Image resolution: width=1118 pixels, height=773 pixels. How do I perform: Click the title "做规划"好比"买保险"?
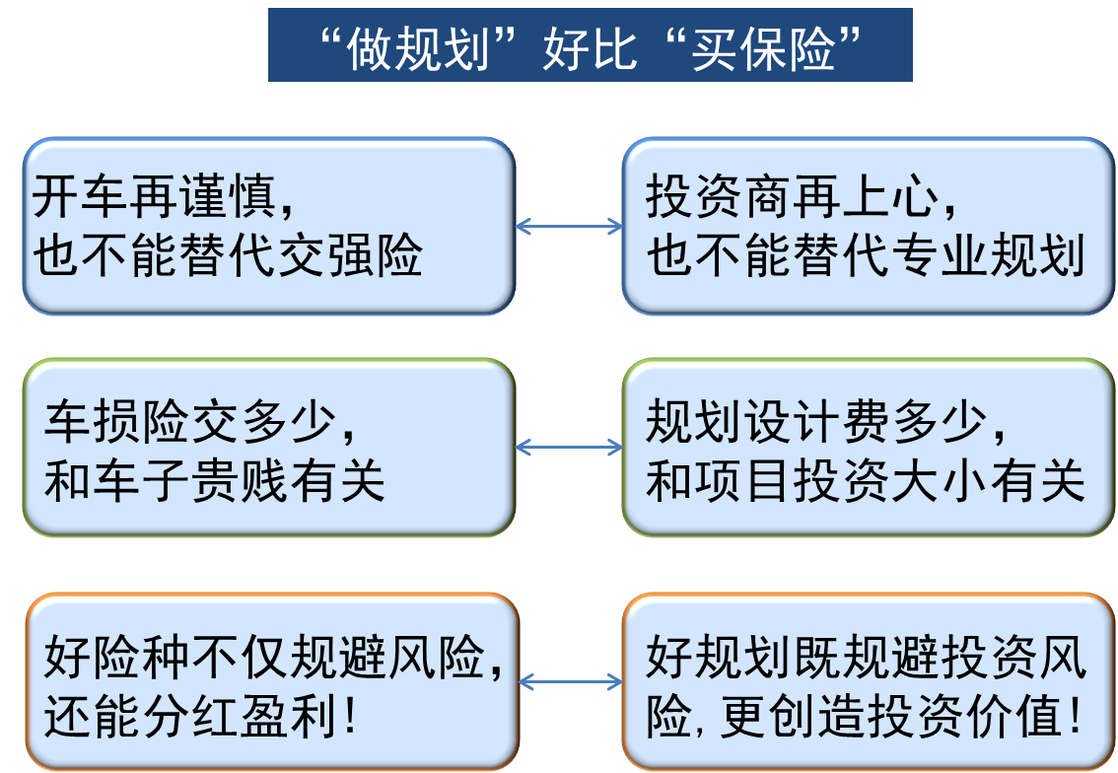click(x=590, y=45)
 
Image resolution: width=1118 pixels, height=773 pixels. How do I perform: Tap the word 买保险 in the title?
click(x=764, y=47)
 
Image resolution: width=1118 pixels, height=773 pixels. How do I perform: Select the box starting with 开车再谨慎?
click(x=268, y=226)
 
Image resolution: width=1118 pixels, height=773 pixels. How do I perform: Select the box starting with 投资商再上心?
click(x=868, y=226)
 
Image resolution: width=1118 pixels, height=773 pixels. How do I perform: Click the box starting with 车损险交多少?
click(x=268, y=448)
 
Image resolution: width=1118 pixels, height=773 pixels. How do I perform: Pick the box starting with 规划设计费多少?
click(x=868, y=448)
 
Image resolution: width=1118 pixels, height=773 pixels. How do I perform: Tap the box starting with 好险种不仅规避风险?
click(x=271, y=682)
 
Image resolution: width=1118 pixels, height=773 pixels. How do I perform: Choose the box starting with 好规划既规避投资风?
click(x=868, y=682)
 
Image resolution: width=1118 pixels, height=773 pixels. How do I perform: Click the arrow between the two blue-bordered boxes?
click(x=569, y=226)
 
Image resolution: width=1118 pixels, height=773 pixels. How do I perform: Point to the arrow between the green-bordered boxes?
click(x=569, y=448)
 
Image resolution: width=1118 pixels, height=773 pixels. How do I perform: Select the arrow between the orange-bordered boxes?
click(x=571, y=682)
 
